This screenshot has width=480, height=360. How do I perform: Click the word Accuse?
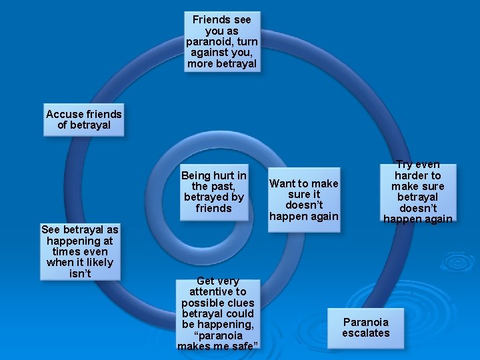coord(63,114)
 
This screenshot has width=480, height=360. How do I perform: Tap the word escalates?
coord(365,333)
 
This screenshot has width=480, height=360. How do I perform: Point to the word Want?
coord(283,183)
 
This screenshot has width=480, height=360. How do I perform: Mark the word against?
coord(211,53)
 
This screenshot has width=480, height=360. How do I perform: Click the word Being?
coord(197,175)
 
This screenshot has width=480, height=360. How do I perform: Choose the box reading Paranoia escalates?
coord(365,327)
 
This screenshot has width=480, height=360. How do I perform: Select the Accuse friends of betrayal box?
coord(83,120)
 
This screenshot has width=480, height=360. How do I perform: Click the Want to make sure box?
coord(303,199)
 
